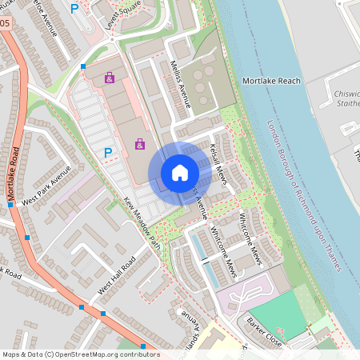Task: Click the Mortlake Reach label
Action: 271,82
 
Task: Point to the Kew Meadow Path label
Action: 143,223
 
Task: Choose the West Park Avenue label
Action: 46,186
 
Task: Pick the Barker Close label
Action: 263,334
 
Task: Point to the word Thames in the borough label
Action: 335,254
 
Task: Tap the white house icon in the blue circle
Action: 180,172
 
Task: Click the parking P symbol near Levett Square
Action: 74,9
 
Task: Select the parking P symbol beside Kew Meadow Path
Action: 106,151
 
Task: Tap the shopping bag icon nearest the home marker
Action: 140,144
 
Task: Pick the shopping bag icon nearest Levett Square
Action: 110,79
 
